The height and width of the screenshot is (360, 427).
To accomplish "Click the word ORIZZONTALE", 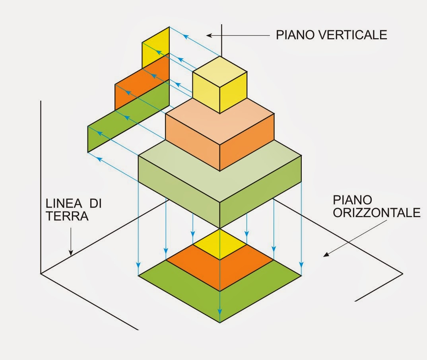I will pyautogui.click(x=377, y=213).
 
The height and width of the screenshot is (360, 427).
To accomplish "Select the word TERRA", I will pyautogui.click(x=67, y=216).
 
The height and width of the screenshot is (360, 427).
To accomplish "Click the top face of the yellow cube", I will pyautogui.click(x=220, y=71).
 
